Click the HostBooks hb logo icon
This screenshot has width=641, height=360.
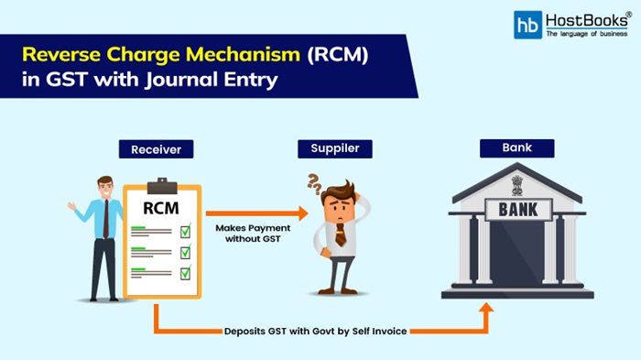527,25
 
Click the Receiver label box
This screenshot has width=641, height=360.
156,148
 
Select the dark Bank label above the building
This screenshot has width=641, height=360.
517,147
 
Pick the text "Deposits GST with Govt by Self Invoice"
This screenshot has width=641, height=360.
316,329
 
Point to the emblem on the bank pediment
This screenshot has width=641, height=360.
517,181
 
